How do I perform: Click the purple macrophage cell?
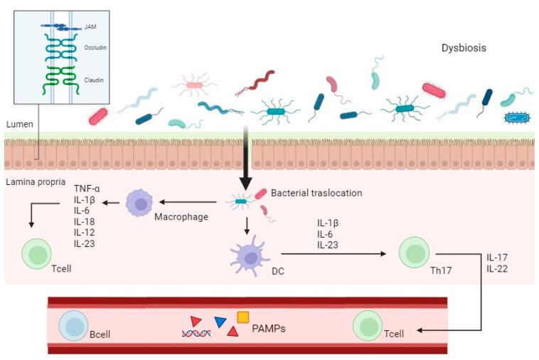pos(139,204)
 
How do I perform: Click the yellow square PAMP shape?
pos(242,317)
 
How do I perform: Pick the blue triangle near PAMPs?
pos(220,322)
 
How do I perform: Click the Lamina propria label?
pos(33,181)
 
